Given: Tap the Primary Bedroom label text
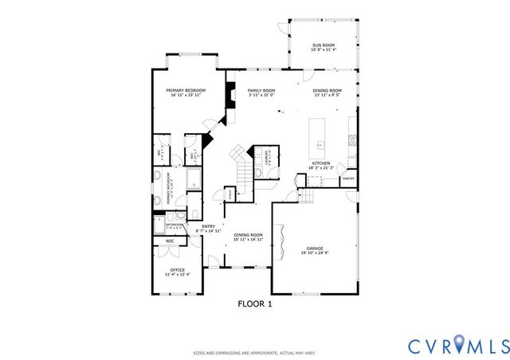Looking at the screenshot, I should click(186, 91).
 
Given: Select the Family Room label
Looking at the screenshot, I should click(261, 91).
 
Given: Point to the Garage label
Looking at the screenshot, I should click(315, 248).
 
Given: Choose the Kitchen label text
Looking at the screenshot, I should click(321, 163).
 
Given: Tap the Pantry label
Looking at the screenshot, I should click(348, 179).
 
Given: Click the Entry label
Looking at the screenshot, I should click(208, 226).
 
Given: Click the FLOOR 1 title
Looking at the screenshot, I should click(255, 303).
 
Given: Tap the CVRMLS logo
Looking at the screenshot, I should click(458, 345).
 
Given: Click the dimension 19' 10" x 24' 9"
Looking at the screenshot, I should click(315, 253).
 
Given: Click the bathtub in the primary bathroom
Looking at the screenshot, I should click(194, 178).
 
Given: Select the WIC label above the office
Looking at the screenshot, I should click(170, 241).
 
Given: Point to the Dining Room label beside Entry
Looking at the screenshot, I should click(248, 235).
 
